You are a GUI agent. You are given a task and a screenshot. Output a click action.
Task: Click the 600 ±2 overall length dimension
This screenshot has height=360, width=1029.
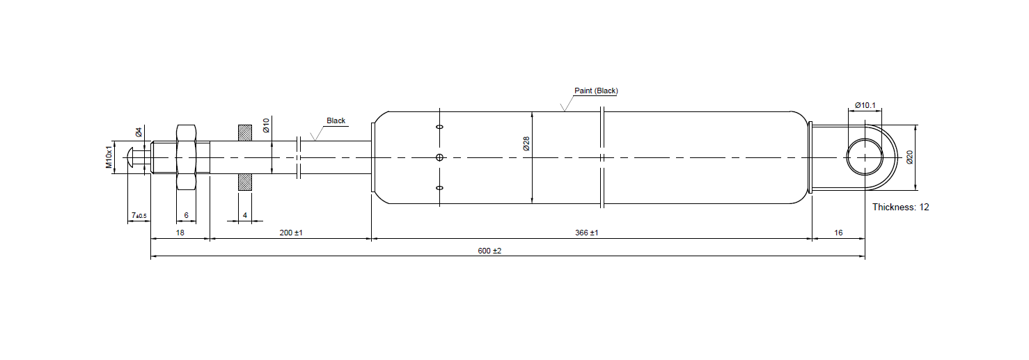(490, 251)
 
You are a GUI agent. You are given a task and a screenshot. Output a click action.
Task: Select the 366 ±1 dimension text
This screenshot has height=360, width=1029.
(588, 233)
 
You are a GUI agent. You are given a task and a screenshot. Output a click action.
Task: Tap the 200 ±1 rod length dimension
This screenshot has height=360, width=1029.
(290, 233)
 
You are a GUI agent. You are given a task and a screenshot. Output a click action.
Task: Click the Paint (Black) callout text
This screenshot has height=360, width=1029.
(596, 91)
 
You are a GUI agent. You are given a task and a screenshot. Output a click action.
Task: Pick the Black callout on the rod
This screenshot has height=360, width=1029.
(336, 120)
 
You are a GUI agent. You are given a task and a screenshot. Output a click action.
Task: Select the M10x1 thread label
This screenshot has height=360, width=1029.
(109, 157)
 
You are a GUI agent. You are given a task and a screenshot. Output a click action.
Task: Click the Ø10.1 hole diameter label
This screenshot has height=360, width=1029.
(865, 105)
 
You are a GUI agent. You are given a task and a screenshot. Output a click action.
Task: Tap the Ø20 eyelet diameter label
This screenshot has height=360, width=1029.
(909, 157)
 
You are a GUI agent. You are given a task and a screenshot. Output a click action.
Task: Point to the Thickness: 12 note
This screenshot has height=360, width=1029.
(900, 207)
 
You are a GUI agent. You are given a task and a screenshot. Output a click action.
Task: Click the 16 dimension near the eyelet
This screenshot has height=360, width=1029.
(838, 233)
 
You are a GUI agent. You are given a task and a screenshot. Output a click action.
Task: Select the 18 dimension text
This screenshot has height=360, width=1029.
(180, 233)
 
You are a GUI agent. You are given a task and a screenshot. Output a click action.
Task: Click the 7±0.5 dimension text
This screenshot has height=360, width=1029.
(139, 216)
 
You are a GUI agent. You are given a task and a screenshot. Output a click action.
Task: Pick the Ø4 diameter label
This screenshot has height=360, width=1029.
(139, 132)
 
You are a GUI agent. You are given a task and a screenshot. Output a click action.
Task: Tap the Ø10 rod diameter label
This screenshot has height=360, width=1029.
(266, 125)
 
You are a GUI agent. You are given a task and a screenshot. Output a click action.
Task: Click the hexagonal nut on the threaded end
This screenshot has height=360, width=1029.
(186, 157)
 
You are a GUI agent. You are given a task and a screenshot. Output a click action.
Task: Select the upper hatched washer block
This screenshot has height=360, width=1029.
(245, 132)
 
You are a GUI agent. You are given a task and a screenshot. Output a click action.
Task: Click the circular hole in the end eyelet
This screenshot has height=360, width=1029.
(864, 157)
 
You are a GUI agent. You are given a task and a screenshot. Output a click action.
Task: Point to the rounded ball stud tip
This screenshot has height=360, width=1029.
(133, 157)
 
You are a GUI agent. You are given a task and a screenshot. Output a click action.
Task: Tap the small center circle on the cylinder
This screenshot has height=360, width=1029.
(439, 157)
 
